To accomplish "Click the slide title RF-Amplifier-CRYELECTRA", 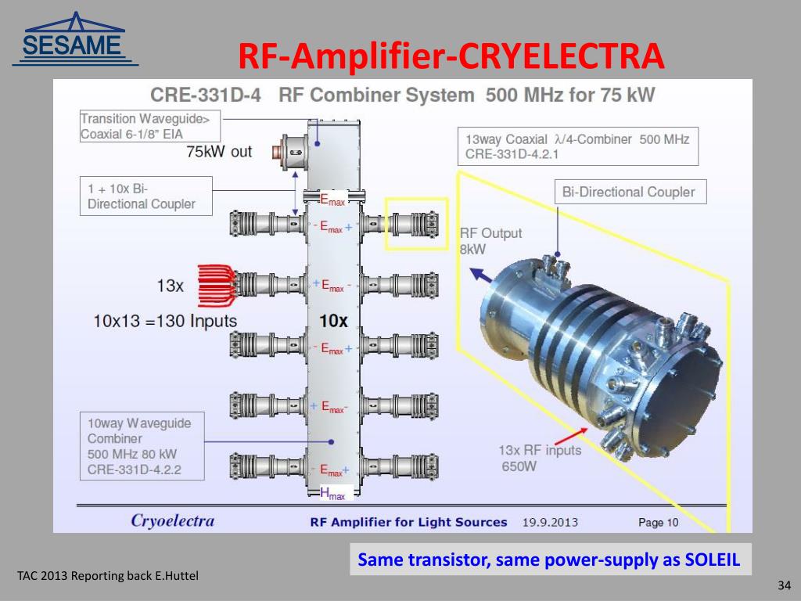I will click(451, 56).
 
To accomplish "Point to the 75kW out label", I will click(219, 152).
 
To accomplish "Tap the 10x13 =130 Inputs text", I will click(165, 321).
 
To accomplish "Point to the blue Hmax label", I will click(332, 493).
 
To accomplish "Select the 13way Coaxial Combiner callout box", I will click(577, 146).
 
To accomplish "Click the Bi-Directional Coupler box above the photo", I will click(628, 192).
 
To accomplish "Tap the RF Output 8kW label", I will click(490, 241).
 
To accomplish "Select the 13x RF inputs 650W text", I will click(540, 459).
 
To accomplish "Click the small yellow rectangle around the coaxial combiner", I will click(415, 224).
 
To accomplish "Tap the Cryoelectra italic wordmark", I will click(172, 520).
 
